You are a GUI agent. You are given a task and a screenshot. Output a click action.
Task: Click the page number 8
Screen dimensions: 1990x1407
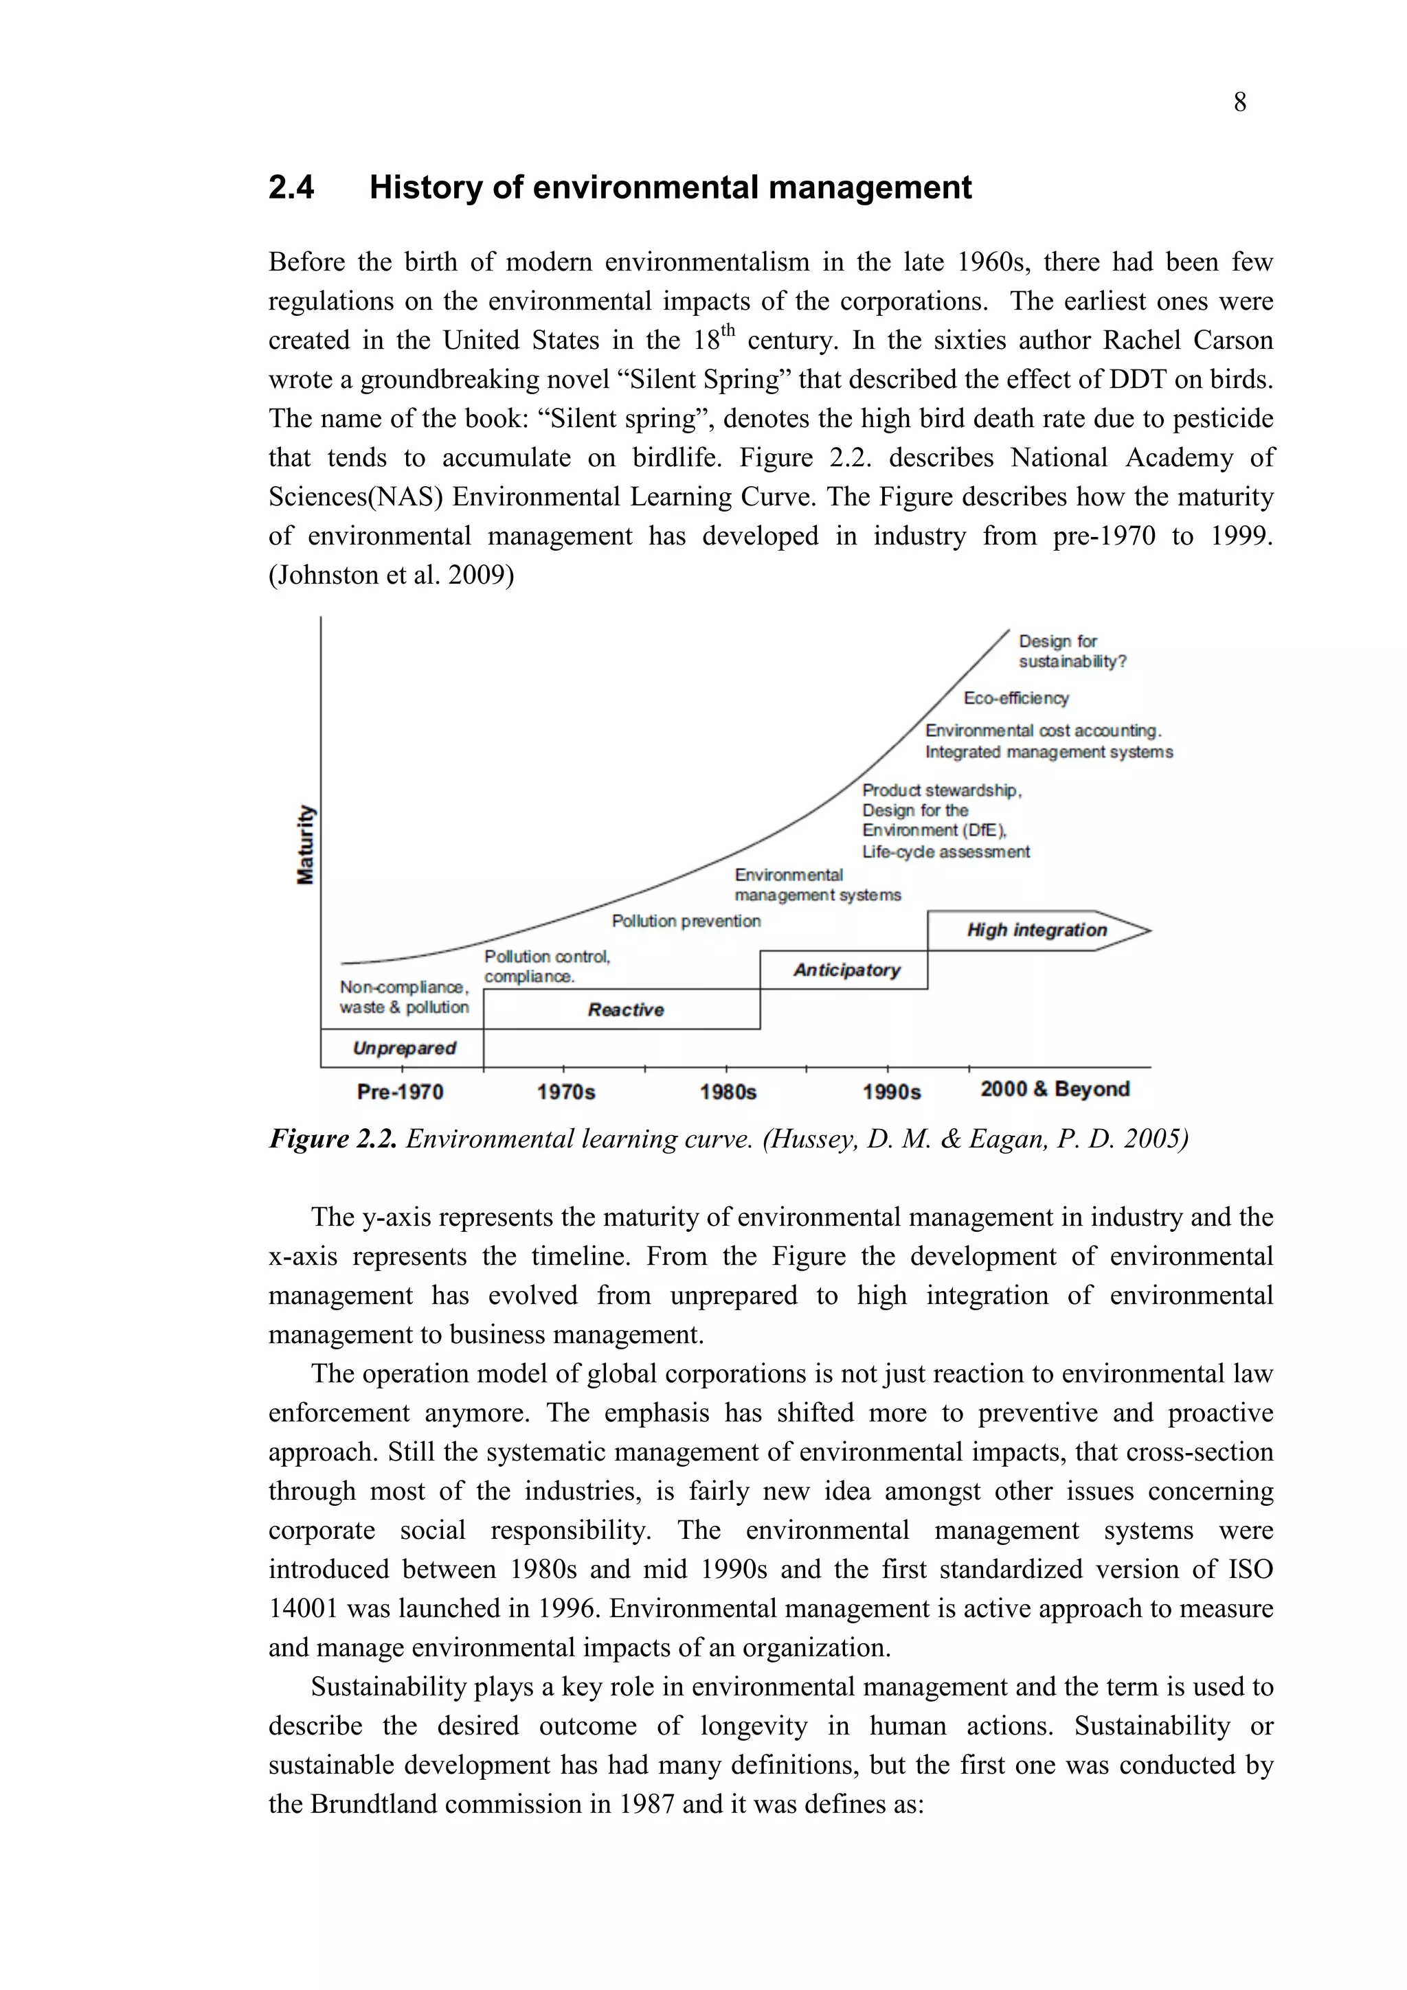pyautogui.click(x=1239, y=103)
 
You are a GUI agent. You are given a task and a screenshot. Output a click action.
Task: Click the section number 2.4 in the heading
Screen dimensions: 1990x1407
pyautogui.click(x=291, y=188)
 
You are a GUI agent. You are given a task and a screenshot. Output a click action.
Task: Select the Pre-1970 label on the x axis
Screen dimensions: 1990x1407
pyautogui.click(x=400, y=1092)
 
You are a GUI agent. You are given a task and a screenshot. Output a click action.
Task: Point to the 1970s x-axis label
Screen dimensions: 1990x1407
pyautogui.click(x=565, y=1092)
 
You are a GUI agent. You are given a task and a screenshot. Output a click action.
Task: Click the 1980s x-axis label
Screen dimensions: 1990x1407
pyautogui.click(x=728, y=1092)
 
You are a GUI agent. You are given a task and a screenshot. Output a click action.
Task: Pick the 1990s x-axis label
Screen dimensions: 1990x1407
pyautogui.click(x=891, y=1092)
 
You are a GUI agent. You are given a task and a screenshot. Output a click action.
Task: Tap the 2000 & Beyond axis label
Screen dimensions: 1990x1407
pyautogui.click(x=1054, y=1090)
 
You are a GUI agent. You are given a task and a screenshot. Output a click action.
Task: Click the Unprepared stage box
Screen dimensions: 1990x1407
pyautogui.click(x=403, y=1048)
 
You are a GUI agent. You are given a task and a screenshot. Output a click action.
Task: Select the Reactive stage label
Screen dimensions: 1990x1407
pyautogui.click(x=625, y=1009)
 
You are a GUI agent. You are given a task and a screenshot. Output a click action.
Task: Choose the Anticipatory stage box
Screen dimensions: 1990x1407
pyautogui.click(x=846, y=970)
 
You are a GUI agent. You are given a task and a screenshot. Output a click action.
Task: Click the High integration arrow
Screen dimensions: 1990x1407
pyautogui.click(x=1036, y=930)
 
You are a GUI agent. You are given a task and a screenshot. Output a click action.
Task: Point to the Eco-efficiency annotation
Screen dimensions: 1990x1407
pyautogui.click(x=1016, y=698)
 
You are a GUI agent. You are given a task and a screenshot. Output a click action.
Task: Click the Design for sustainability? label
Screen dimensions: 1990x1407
pyautogui.click(x=1072, y=652)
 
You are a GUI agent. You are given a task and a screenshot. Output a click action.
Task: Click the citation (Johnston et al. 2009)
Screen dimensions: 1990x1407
pyautogui.click(x=391, y=575)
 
